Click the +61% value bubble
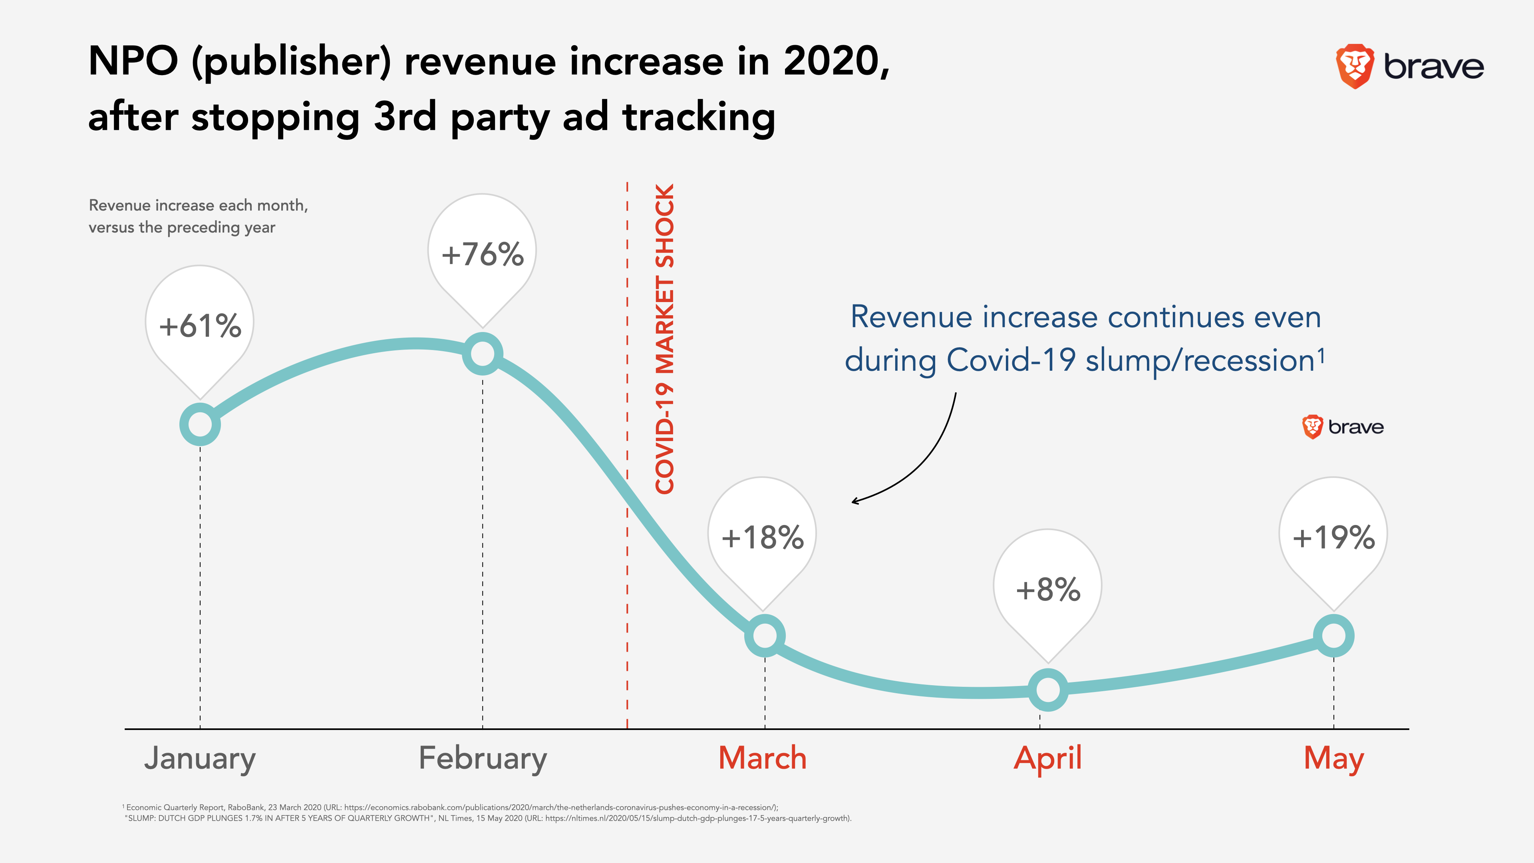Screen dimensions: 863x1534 [200, 324]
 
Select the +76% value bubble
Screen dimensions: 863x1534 [482, 253]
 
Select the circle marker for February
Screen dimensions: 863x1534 [482, 354]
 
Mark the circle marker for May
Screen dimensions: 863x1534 [1333, 636]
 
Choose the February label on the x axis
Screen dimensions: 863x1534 [482, 758]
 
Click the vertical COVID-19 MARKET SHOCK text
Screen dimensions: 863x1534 [665, 338]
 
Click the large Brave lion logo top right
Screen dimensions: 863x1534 [1355, 66]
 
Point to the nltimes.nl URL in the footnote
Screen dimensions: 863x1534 [697, 818]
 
